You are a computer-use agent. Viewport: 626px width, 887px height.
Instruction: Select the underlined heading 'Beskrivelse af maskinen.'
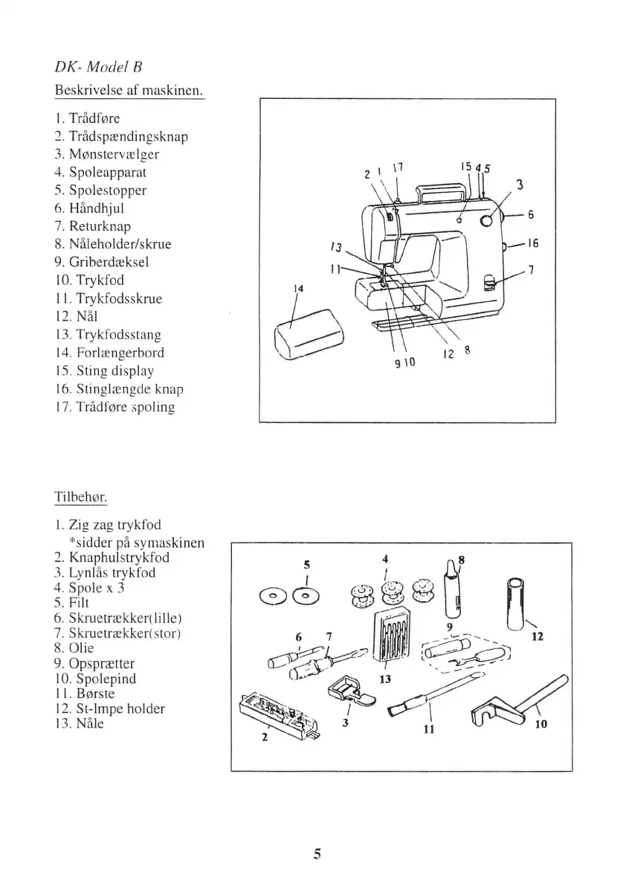129,91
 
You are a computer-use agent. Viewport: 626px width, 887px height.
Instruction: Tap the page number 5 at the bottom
317,854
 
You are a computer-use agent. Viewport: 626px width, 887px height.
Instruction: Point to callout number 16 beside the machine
532,243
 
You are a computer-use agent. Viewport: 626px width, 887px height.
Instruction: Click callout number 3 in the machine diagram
520,186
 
